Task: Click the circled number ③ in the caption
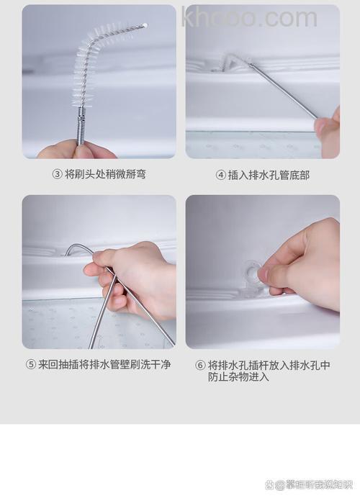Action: point(57,174)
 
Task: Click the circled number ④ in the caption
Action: point(221,175)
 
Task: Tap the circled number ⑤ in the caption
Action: point(30,365)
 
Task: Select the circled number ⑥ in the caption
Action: point(201,365)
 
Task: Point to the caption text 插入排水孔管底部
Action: point(269,175)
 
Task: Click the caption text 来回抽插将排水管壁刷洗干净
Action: point(104,365)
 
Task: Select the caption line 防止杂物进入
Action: point(239,376)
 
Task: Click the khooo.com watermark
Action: point(249,17)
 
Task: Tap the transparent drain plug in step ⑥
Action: point(251,273)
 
